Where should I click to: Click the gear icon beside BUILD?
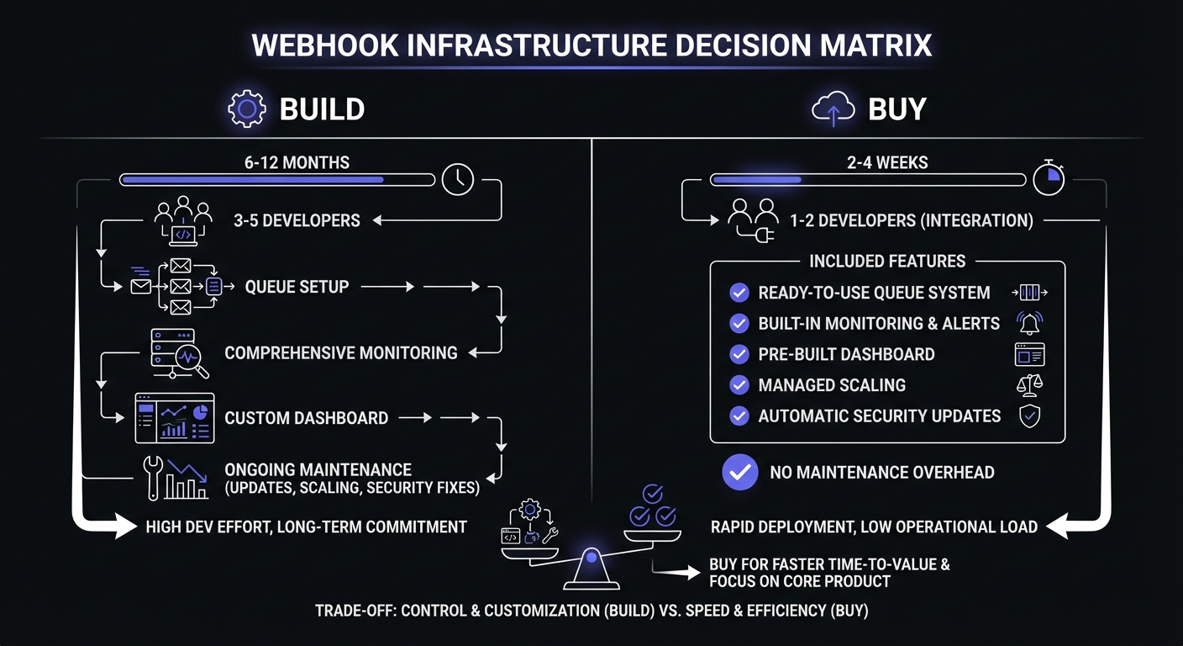click(246, 109)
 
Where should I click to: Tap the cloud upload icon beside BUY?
click(833, 110)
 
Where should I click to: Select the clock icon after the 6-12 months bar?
click(458, 179)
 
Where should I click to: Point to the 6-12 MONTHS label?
click(297, 162)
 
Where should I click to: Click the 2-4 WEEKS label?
click(887, 162)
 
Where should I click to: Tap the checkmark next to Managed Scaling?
click(739, 385)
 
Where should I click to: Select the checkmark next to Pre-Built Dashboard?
click(739, 354)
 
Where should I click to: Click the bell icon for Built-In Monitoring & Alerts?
click(1029, 324)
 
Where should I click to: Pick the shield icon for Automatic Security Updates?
click(1029, 416)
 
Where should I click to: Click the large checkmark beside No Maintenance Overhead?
click(740, 473)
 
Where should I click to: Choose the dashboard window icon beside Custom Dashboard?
click(175, 418)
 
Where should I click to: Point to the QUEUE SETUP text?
click(297, 287)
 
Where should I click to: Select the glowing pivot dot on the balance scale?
click(592, 556)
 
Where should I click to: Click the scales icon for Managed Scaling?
click(1029, 385)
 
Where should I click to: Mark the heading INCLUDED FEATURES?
click(887, 262)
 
